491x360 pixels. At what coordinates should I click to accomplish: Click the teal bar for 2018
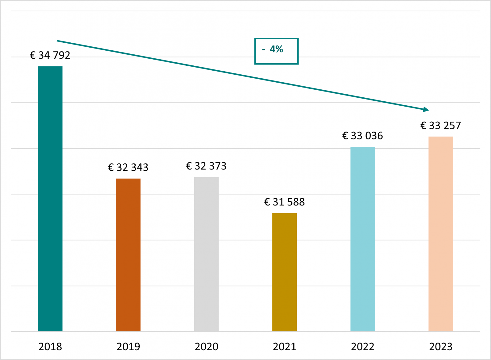click(50, 199)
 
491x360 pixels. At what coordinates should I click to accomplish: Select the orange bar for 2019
click(128, 255)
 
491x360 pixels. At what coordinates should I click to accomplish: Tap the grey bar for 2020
click(206, 254)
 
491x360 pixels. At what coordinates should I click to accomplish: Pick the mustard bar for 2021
click(284, 272)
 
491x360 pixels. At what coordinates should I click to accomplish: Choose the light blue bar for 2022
click(362, 239)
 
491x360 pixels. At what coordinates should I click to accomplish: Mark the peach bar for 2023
click(441, 234)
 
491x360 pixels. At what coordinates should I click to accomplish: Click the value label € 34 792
click(50, 55)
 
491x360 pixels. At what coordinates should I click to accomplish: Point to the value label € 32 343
click(128, 167)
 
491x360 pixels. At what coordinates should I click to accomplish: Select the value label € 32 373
click(206, 166)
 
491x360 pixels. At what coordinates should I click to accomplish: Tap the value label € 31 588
click(284, 202)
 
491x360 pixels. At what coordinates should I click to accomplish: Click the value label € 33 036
click(362, 136)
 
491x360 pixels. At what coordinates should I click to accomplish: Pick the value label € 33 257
click(441, 126)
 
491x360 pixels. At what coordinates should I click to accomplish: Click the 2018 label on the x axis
click(50, 347)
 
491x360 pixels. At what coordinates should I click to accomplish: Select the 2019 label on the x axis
click(128, 347)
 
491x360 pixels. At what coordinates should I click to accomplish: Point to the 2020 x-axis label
click(206, 347)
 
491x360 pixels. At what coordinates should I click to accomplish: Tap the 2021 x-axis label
click(284, 347)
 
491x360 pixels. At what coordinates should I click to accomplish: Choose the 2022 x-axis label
click(362, 347)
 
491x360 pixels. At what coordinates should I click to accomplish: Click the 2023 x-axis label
click(441, 347)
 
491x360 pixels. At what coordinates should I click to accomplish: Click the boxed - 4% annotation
click(276, 51)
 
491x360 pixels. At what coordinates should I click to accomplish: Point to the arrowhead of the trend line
click(426, 109)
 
